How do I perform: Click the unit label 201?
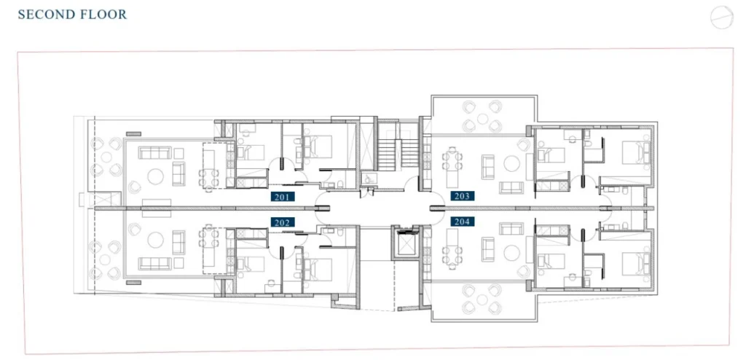click(283, 196)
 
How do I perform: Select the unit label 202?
click(283, 222)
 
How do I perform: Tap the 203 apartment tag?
click(462, 196)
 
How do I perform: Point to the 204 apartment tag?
click(462, 222)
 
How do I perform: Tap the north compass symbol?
click(721, 17)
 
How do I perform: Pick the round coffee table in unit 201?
click(156, 176)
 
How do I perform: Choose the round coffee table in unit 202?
click(156, 240)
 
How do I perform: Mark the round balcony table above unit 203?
click(483, 119)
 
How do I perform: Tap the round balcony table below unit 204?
click(483, 300)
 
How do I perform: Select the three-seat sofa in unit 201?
click(154, 153)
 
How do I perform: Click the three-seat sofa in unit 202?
click(154, 263)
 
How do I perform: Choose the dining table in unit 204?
click(452, 246)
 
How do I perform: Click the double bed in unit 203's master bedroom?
click(636, 153)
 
